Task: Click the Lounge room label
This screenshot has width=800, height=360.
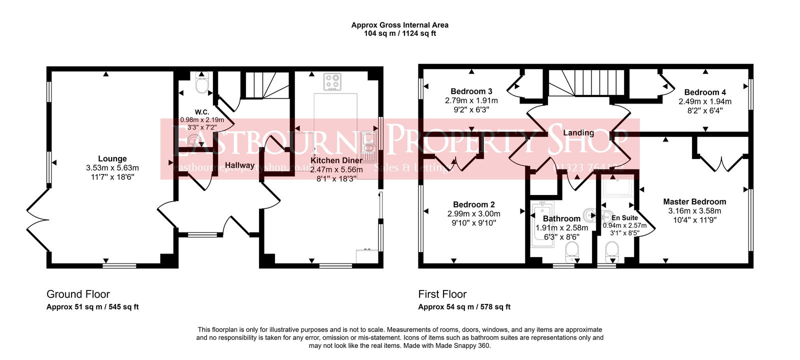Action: click(112, 158)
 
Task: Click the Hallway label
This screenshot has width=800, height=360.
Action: click(239, 165)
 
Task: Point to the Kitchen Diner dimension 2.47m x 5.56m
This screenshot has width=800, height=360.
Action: click(336, 169)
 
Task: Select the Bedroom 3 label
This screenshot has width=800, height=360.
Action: click(471, 91)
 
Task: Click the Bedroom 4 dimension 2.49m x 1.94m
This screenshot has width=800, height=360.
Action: click(704, 101)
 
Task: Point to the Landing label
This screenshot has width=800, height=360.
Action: click(578, 132)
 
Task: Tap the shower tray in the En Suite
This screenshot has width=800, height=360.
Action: click(618, 187)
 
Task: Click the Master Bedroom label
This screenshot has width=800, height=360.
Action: click(694, 201)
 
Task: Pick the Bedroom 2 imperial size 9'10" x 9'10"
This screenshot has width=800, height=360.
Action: click(473, 223)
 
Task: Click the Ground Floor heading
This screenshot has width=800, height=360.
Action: click(78, 294)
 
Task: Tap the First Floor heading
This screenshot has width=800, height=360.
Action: click(442, 294)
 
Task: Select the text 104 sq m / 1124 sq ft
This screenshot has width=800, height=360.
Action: click(399, 33)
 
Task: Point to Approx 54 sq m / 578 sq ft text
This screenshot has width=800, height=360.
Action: click(464, 307)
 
